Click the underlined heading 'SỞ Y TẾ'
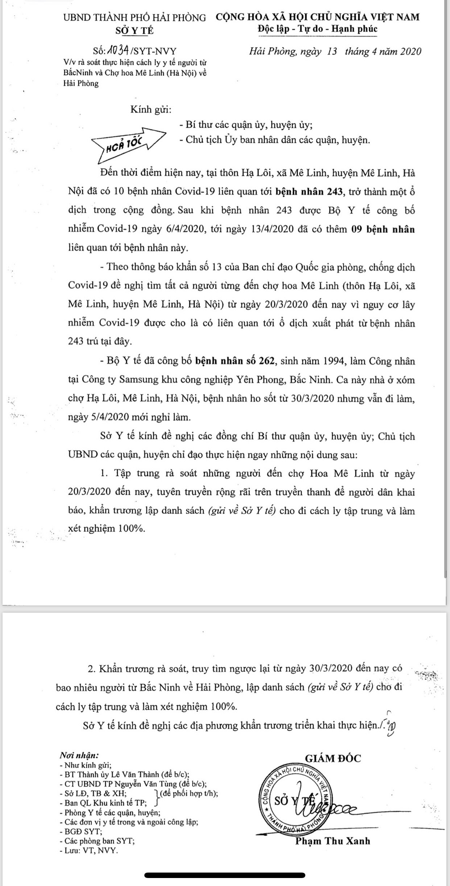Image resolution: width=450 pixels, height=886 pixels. point(135,30)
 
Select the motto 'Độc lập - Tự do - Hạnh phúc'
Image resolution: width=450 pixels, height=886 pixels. point(318,29)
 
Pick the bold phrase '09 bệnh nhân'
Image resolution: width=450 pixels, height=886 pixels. point(383,229)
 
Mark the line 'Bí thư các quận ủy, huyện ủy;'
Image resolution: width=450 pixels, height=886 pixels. point(246,125)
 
